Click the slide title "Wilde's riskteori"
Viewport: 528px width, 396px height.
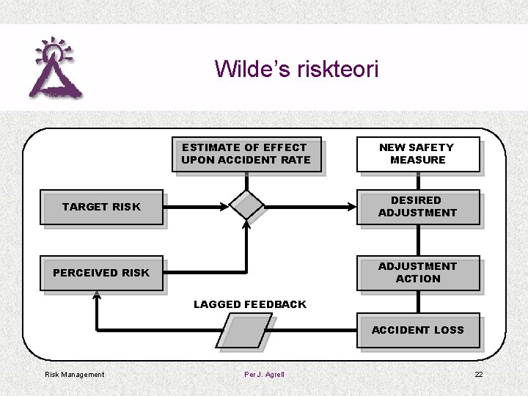coord(296,70)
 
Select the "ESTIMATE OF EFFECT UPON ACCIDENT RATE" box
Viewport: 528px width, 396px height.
coord(246,154)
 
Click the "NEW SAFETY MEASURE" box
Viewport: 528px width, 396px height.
coord(418,154)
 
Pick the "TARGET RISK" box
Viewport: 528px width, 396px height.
coord(102,208)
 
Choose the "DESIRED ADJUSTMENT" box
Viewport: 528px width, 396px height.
coord(418,207)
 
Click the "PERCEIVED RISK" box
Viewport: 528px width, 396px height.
coord(102,273)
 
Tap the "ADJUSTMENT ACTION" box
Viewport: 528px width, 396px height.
coord(418,273)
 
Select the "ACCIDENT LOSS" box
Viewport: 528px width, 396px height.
coord(418,331)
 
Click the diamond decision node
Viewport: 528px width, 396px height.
coord(246,205)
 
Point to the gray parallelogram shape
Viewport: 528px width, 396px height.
coord(246,331)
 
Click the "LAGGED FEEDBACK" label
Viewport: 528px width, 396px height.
coord(250,304)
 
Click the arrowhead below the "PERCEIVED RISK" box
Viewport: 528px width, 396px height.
coord(96,296)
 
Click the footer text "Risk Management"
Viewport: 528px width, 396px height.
coord(75,375)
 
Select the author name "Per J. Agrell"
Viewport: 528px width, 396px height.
coord(264,375)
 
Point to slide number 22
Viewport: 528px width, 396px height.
coord(479,375)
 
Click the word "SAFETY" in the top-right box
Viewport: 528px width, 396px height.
coord(431,147)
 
